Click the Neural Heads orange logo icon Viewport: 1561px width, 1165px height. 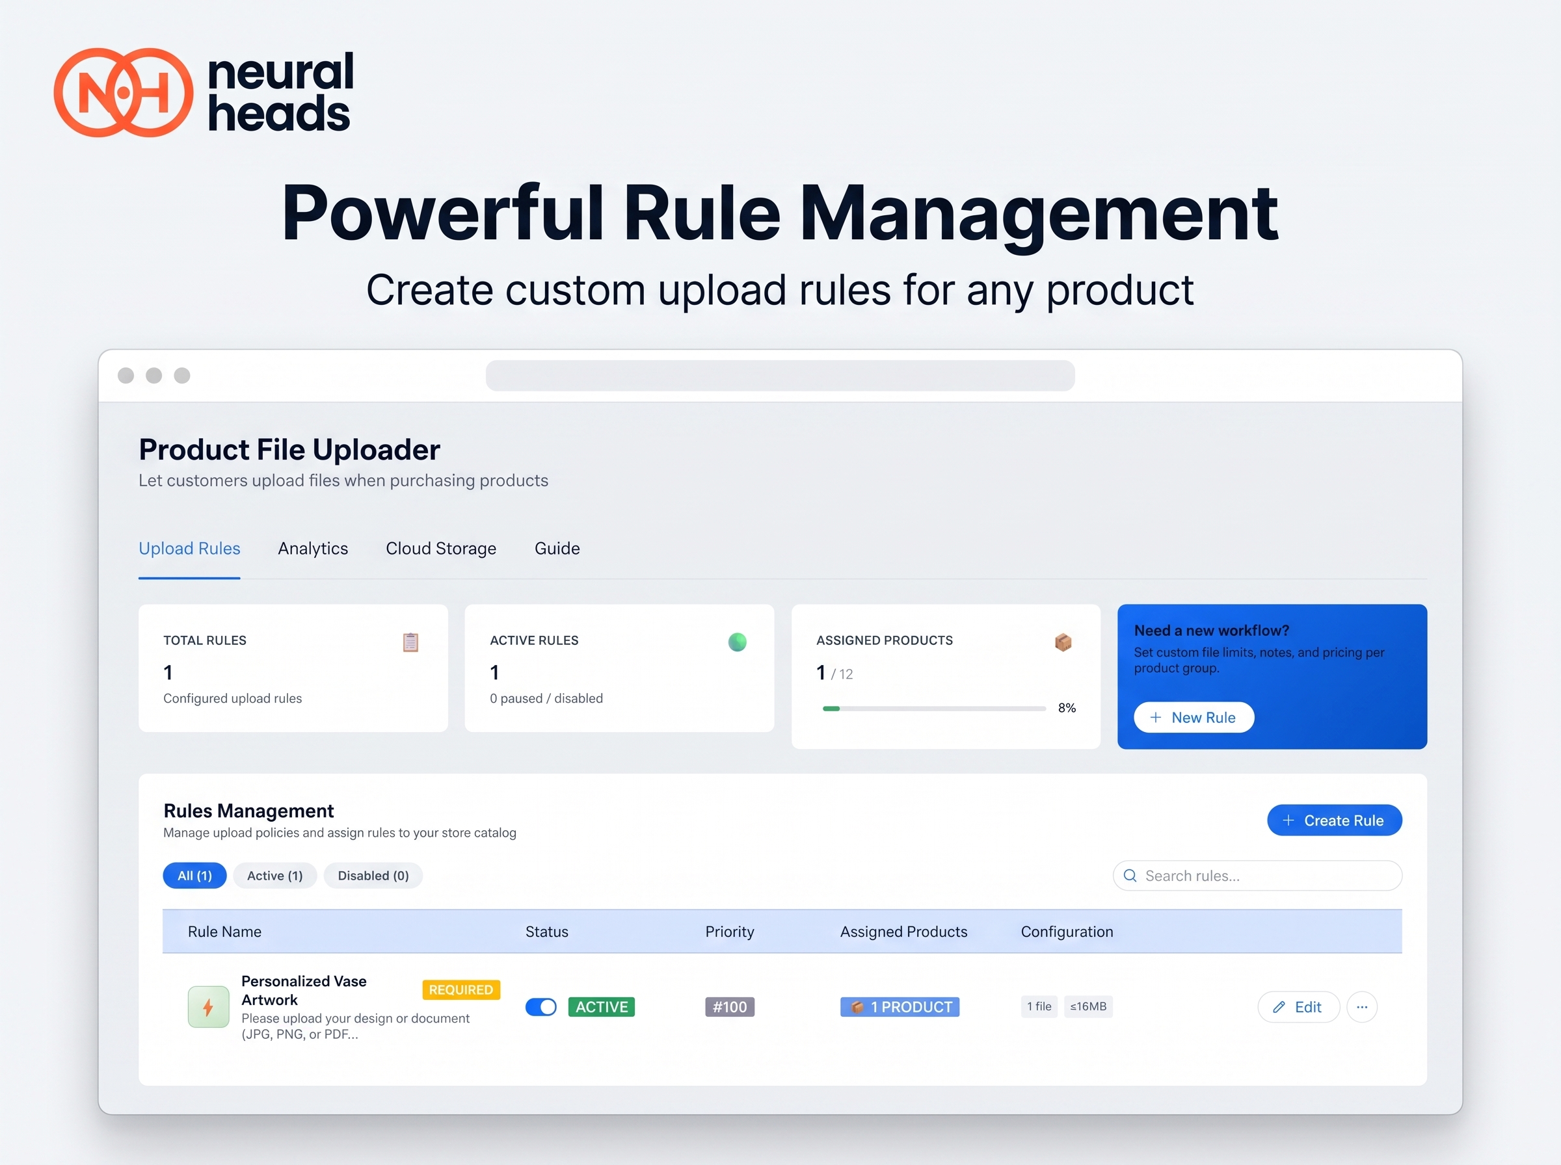point(124,92)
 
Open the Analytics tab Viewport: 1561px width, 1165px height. point(312,548)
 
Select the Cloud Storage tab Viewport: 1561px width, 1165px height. point(441,548)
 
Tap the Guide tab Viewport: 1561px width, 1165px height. point(557,548)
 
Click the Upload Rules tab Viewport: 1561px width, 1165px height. point(189,548)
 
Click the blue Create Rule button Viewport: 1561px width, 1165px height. point(1334,820)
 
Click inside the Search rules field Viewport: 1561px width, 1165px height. point(1257,875)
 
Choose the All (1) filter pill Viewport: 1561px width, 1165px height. point(194,875)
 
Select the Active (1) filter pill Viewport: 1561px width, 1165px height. point(274,875)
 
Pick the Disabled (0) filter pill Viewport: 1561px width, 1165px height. point(373,875)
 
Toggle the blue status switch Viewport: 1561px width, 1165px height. point(541,1006)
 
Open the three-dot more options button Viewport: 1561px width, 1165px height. point(1361,1006)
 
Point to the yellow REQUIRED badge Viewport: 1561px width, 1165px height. point(461,989)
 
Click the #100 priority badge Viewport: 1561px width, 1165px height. point(729,1006)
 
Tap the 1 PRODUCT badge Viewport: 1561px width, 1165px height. point(900,1006)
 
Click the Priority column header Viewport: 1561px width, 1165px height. point(729,932)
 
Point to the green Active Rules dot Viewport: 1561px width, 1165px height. point(737,642)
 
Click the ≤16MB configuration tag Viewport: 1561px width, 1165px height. point(1087,1006)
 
